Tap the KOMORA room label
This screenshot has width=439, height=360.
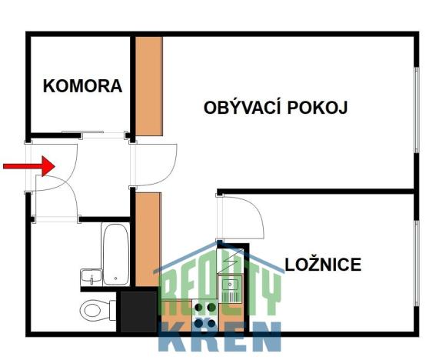tap(82, 86)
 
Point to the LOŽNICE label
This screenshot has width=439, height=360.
tap(323, 265)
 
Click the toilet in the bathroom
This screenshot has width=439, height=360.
tap(96, 310)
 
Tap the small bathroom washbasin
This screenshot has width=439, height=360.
tap(90, 276)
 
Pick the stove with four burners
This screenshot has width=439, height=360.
tap(205, 314)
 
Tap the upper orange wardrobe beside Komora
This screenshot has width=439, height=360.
tap(148, 85)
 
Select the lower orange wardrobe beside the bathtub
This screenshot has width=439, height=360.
tap(148, 238)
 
